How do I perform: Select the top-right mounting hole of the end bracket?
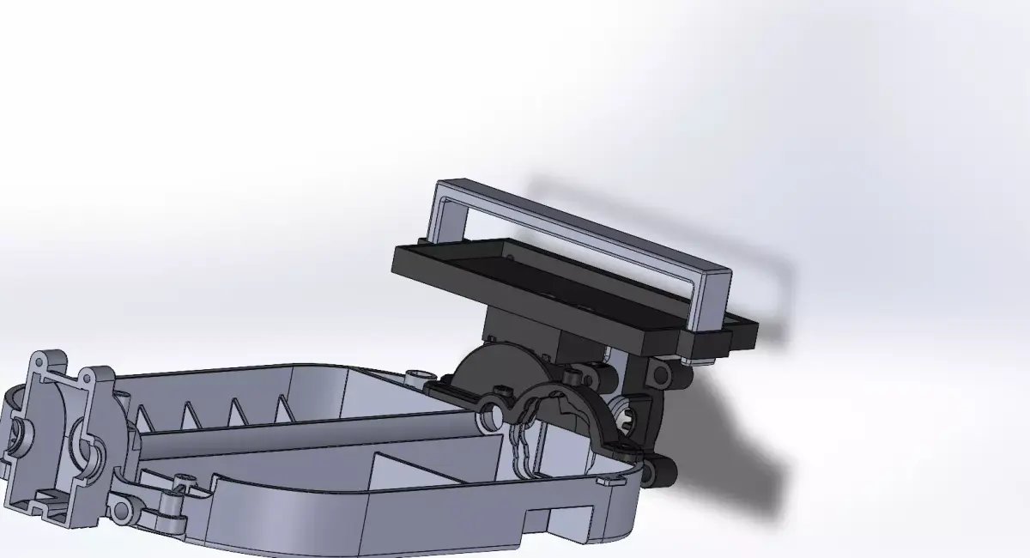(88, 379)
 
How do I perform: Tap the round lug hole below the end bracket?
(121, 511)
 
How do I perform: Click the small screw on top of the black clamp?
(569, 375)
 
